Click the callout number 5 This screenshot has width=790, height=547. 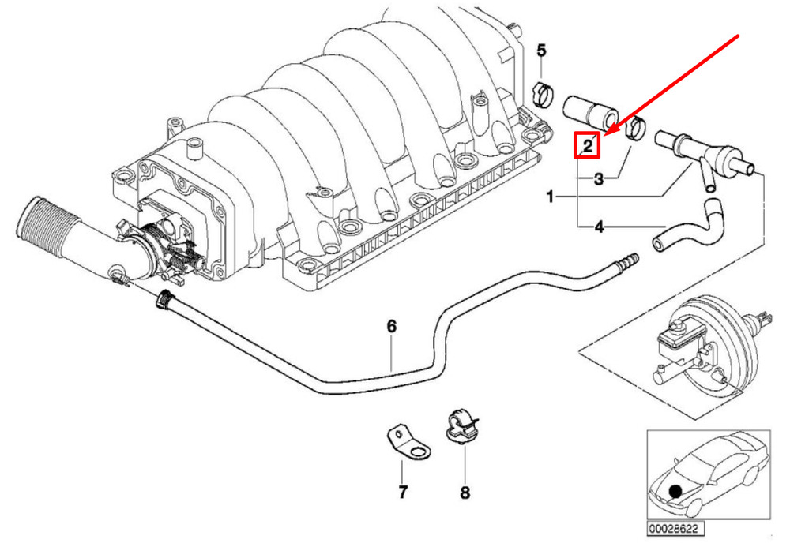click(x=541, y=51)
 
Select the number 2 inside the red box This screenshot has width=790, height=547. click(x=588, y=146)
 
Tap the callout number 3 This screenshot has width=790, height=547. click(x=599, y=178)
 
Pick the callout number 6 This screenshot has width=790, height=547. click(x=392, y=326)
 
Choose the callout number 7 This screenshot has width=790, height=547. click(x=402, y=492)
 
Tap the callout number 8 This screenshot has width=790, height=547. click(x=465, y=493)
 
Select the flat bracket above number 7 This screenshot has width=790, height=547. click(x=408, y=444)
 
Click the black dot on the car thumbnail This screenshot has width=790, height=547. click(x=675, y=491)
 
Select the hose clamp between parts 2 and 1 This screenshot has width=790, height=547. click(x=636, y=127)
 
